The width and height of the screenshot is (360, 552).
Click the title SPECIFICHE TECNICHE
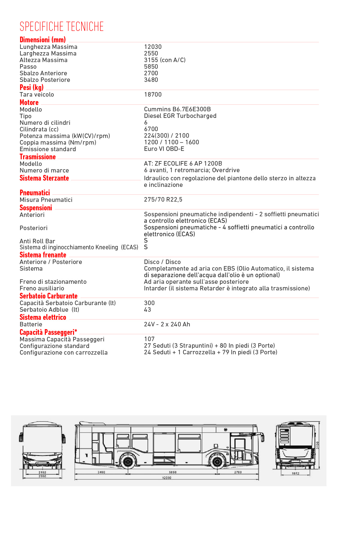tap(61, 27)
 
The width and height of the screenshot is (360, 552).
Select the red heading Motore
tap(29, 103)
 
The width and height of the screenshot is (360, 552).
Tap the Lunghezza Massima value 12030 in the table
tap(153, 47)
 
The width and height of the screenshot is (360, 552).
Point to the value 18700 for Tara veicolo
tap(153, 94)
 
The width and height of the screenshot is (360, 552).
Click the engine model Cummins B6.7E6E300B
tap(177, 109)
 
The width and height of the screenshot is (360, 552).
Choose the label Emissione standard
tap(48, 149)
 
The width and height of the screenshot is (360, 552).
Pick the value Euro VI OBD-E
tap(164, 149)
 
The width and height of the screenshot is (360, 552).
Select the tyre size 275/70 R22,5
tap(163, 199)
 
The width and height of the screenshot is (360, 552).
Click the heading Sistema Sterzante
tap(44, 178)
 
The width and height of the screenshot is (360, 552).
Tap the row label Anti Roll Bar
tap(37, 241)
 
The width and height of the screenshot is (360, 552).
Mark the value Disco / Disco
tap(162, 262)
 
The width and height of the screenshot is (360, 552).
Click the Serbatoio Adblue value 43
tap(147, 310)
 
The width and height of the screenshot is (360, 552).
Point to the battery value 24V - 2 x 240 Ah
tap(167, 324)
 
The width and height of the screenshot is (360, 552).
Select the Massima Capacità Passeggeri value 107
tap(149, 339)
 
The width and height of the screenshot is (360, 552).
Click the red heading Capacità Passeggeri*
tap(48, 332)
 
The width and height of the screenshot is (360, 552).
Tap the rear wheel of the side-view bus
tap(128, 462)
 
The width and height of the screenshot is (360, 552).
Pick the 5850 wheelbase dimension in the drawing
tap(173, 472)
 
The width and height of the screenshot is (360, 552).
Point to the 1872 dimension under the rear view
tap(296, 473)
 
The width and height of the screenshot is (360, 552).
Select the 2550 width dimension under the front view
tap(42, 476)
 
